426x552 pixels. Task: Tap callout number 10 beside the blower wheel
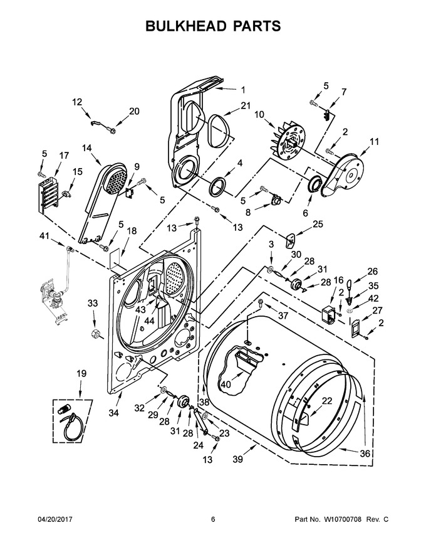click(x=259, y=114)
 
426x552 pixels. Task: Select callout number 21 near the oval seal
click(x=246, y=105)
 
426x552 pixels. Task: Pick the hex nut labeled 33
click(x=94, y=332)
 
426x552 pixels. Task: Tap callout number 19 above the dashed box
click(x=81, y=373)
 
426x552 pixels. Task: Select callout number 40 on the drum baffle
click(x=226, y=385)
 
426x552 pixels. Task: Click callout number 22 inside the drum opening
click(x=327, y=401)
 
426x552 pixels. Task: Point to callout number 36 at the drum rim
click(x=365, y=454)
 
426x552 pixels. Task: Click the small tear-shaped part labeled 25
click(x=290, y=240)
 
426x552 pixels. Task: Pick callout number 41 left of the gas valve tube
click(x=44, y=236)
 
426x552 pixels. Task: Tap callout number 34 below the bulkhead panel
click(x=113, y=413)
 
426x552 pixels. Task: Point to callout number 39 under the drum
click(x=237, y=459)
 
